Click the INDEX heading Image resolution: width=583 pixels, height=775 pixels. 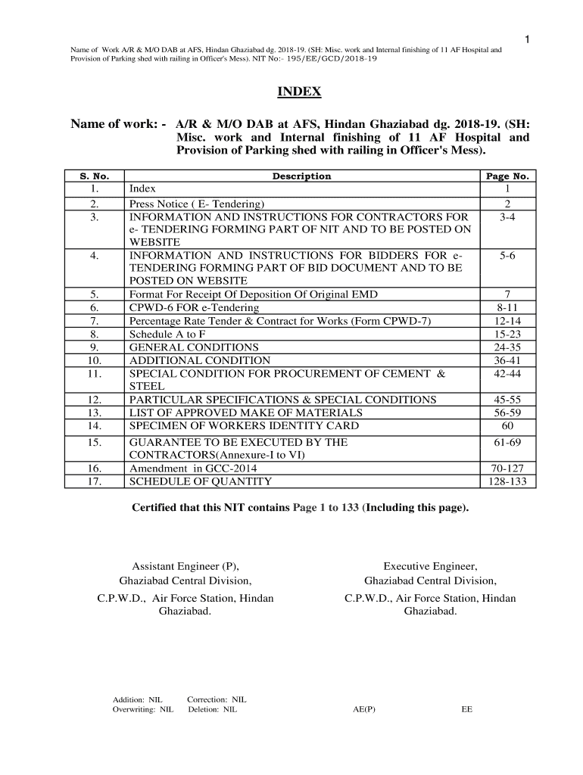(299, 92)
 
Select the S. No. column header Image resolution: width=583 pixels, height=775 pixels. (95, 176)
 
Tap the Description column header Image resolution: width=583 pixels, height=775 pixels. (301, 176)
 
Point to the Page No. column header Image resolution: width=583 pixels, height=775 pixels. (507, 176)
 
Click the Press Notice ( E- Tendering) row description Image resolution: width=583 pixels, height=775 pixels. (197, 204)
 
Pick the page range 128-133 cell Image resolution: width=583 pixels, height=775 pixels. (507, 481)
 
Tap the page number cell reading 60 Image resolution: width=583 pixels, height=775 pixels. (507, 425)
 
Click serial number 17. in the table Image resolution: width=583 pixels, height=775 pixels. (95, 481)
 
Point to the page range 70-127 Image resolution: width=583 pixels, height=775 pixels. (507, 468)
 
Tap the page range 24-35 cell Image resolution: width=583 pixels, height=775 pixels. (507, 347)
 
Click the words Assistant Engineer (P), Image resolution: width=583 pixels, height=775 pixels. (185, 566)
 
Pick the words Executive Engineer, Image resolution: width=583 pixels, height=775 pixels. (430, 566)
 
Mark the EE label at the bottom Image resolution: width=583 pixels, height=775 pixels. (466, 710)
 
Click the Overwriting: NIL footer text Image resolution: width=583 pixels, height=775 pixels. (143, 710)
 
